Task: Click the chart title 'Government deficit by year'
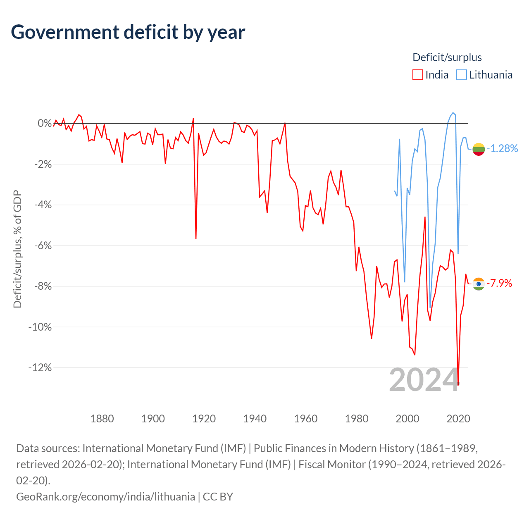[128, 32]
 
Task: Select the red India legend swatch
[417, 75]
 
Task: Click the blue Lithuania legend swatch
[462, 75]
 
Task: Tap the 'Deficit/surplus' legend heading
[447, 57]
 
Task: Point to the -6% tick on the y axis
[43, 245]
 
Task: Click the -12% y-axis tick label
[40, 367]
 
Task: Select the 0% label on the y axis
[45, 123]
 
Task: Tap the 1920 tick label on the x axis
[204, 419]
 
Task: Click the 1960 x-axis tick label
[305, 419]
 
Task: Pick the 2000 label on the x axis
[407, 419]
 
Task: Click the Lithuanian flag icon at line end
[479, 149]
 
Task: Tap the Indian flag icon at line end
[479, 284]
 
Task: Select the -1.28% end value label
[502, 148]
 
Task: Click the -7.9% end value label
[499, 283]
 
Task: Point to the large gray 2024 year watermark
[424, 380]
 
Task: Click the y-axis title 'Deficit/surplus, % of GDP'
[18, 249]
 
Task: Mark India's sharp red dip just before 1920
[196, 238]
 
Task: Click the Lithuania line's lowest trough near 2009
[430, 308]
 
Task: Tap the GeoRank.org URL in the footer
[106, 497]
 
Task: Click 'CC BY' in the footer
[218, 497]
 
